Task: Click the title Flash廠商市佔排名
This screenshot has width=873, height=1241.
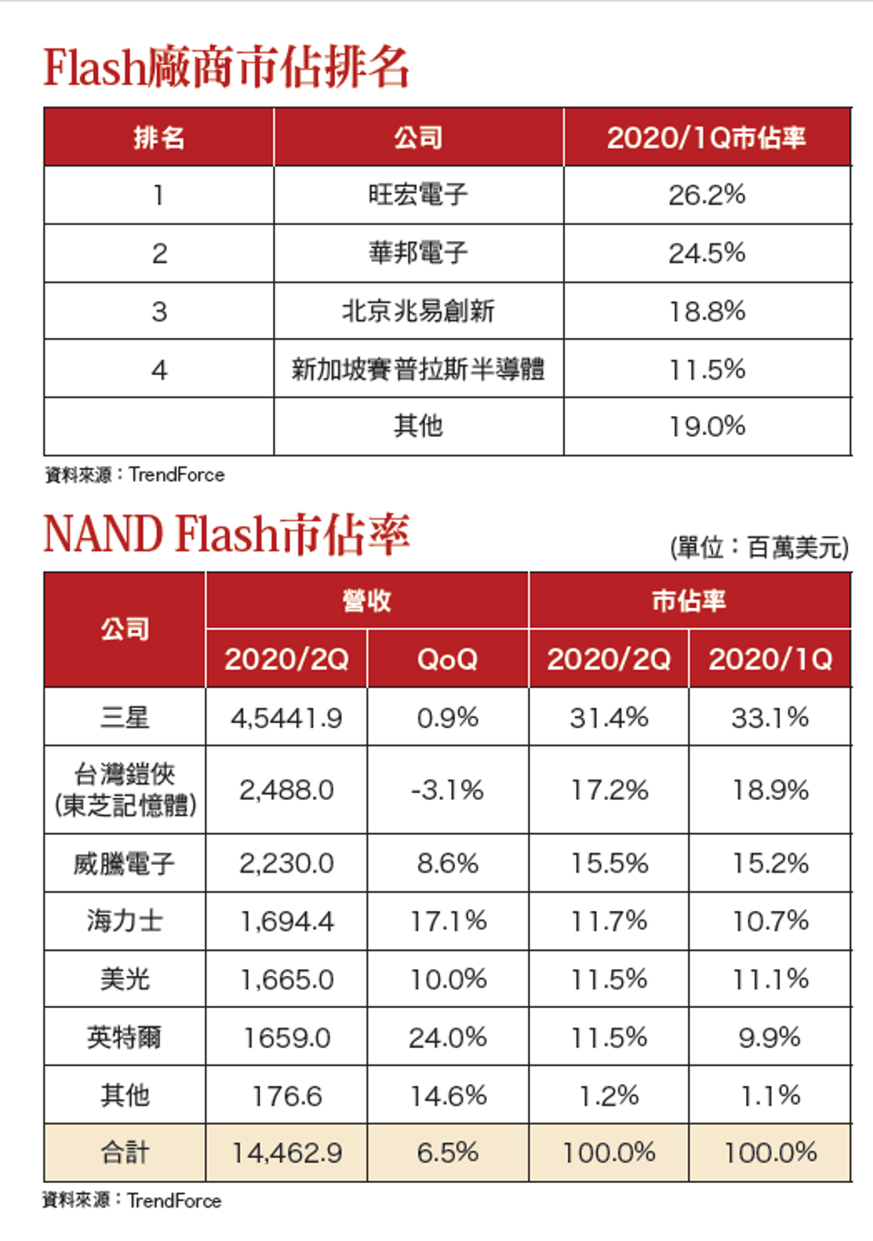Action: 226,67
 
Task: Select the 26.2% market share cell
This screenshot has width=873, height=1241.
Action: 707,195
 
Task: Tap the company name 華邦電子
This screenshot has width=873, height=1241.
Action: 419,252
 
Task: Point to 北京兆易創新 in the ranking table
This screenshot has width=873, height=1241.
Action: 419,310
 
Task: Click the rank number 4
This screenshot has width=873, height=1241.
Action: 159,369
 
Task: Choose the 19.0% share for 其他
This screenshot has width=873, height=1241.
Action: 707,426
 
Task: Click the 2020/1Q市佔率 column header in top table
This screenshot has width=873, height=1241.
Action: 706,137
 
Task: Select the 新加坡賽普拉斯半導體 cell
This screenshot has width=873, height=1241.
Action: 419,369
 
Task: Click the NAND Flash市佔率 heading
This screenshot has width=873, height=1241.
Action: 226,534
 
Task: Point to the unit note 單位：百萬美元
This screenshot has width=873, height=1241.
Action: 760,548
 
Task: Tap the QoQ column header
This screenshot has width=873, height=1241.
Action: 448,659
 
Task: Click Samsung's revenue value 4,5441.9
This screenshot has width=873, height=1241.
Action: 286,718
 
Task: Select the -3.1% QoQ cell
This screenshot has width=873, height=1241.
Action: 448,790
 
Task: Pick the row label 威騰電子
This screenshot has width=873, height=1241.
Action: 124,863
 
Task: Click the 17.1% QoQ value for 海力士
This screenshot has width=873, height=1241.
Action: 448,921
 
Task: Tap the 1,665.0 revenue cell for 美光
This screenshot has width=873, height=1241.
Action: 286,979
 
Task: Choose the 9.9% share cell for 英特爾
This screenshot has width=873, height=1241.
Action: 770,1037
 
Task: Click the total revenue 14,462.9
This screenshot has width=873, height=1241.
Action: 286,1153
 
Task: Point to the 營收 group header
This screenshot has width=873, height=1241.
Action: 367,601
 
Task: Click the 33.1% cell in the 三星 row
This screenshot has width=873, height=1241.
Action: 770,718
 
